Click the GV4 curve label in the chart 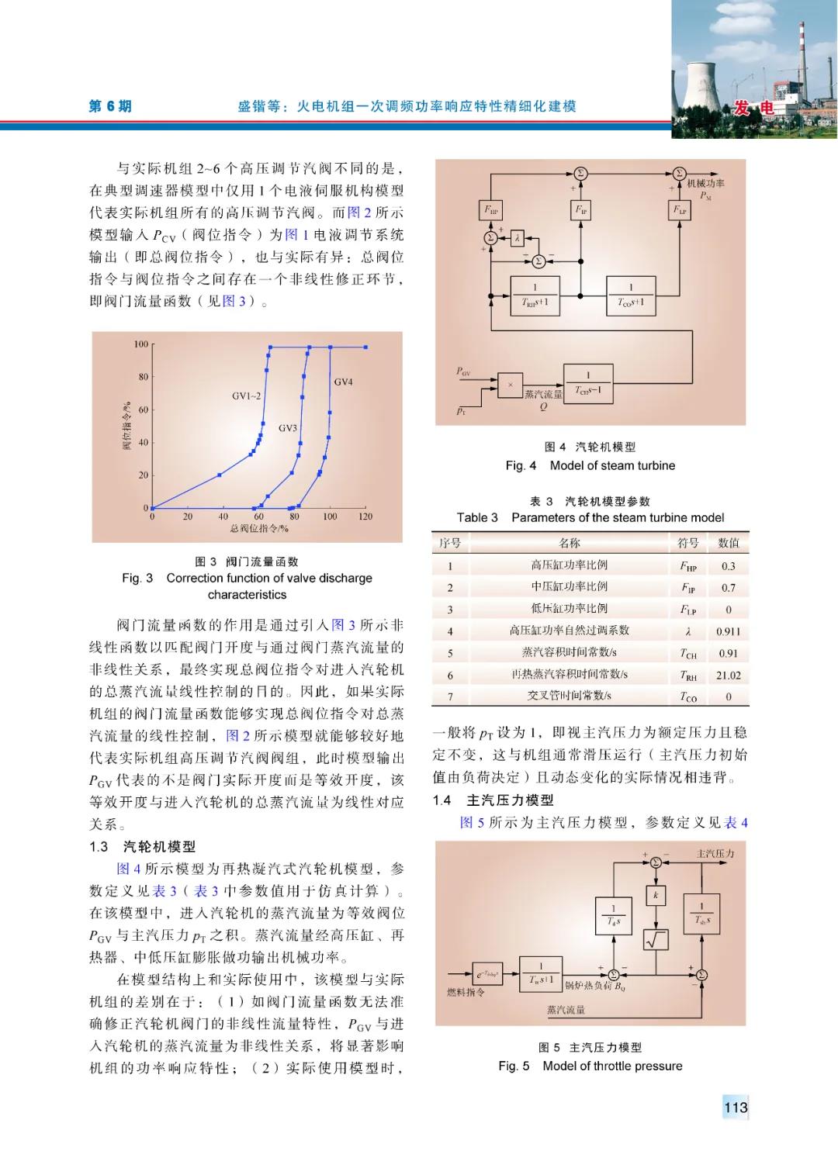pyautogui.click(x=343, y=382)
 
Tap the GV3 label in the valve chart pyautogui.click(x=288, y=427)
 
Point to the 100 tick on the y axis pyautogui.click(x=141, y=344)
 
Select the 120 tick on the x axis pyautogui.click(x=365, y=517)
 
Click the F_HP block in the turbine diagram pyautogui.click(x=492, y=210)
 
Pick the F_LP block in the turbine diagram pyautogui.click(x=679, y=210)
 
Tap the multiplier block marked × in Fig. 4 pyautogui.click(x=510, y=385)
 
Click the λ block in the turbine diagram pyautogui.click(x=517, y=238)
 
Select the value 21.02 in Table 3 pyautogui.click(x=728, y=676)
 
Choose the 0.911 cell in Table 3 pyautogui.click(x=728, y=632)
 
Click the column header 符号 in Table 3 pyautogui.click(x=687, y=543)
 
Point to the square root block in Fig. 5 pyautogui.click(x=656, y=939)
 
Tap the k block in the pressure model pyautogui.click(x=656, y=895)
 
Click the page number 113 pyautogui.click(x=735, y=1108)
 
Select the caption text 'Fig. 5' pyautogui.click(x=514, y=1066)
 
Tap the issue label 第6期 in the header pyautogui.click(x=110, y=106)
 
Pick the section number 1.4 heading pyautogui.click(x=442, y=800)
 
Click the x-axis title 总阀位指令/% pyautogui.click(x=259, y=529)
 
